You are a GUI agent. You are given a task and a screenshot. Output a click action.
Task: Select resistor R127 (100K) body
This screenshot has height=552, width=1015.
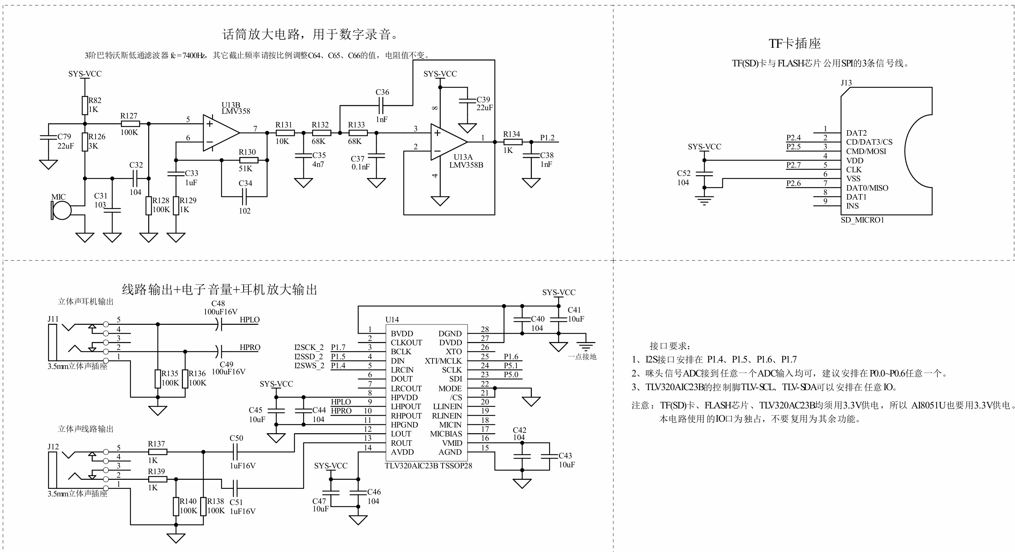click(130, 123)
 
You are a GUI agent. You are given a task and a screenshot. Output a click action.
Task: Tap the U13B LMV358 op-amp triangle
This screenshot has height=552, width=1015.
click(219, 133)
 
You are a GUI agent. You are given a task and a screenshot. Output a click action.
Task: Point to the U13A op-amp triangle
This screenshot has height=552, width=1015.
click(447, 142)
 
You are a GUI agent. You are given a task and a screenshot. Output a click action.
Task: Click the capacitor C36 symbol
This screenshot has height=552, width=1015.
click(381, 105)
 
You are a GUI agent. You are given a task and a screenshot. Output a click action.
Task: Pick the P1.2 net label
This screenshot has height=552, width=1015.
click(547, 137)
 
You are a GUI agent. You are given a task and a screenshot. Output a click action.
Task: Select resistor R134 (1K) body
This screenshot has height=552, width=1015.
click(513, 142)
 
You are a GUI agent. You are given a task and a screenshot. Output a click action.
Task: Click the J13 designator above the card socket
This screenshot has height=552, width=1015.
click(846, 83)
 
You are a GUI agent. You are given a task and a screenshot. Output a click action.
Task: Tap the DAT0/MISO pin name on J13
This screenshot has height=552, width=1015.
click(867, 188)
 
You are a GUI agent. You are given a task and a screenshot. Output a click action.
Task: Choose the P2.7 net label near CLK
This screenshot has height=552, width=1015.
click(793, 165)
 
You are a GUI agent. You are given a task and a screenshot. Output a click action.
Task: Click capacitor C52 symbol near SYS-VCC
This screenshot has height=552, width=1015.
click(704, 173)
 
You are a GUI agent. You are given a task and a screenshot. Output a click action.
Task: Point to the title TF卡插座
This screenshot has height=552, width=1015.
click(794, 43)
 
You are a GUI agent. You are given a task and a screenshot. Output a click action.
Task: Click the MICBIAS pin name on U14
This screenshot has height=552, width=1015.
click(446, 434)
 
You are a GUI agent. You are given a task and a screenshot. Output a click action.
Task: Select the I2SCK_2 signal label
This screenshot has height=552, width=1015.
click(308, 347)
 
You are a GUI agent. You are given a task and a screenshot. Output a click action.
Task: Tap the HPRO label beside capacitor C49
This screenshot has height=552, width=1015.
click(250, 347)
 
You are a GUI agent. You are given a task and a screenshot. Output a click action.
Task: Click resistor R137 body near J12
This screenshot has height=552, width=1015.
click(157, 452)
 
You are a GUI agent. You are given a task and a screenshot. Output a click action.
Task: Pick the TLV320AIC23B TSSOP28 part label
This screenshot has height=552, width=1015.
click(428, 466)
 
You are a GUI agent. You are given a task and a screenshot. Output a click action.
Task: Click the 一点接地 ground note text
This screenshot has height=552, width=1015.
click(582, 357)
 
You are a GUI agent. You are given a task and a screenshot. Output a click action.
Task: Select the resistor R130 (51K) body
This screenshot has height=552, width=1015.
click(248, 160)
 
